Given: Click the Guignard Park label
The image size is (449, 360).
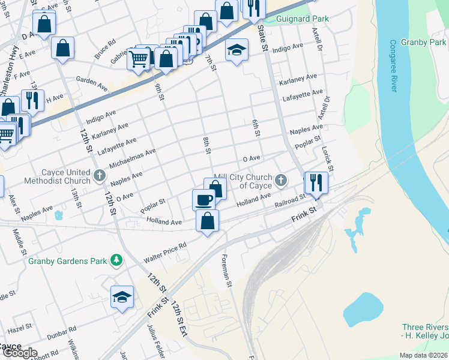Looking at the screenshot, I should pyautogui.click(x=303, y=19).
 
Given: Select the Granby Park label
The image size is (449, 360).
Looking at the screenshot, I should pyautogui.click(x=424, y=43).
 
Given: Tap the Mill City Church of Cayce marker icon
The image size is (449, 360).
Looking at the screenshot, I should pyautogui.click(x=280, y=180).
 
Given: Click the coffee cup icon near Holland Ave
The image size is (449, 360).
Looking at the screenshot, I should pyautogui.click(x=203, y=199).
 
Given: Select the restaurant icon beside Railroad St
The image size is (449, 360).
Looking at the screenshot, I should pyautogui.click(x=315, y=182).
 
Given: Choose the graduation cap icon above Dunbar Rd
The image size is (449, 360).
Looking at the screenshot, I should pyautogui.click(x=122, y=296).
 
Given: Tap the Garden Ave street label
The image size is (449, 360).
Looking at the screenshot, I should pyautogui.click(x=91, y=84).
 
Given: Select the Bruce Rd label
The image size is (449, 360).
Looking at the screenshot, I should pyautogui.click(x=104, y=50).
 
